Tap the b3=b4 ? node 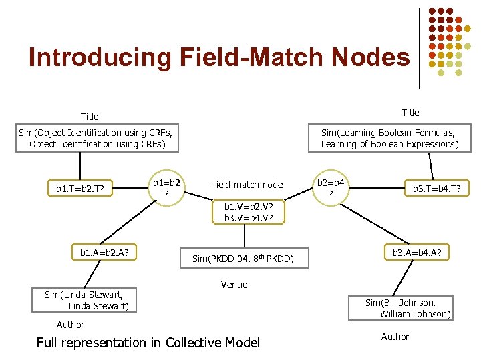[331, 187]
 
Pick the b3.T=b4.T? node [441, 189]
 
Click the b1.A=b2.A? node [104, 253]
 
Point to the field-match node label [247, 185]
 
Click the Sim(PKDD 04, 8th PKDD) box [243, 258]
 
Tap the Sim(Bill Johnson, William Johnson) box [408, 308]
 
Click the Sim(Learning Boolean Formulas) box [389, 138]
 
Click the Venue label [234, 285]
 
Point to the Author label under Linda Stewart [70, 325]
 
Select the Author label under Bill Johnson [395, 337]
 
